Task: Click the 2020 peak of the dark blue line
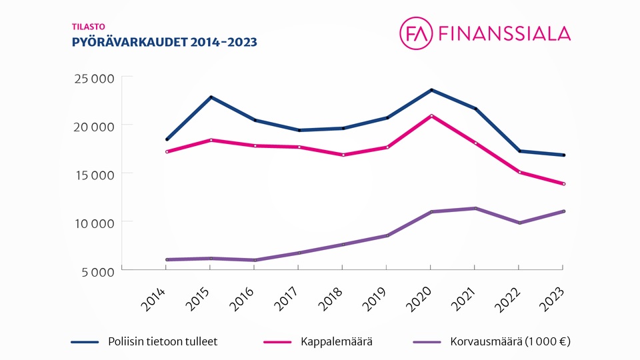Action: pos(431,90)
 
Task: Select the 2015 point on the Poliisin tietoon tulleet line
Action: pos(211,97)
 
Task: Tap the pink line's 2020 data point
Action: pos(431,116)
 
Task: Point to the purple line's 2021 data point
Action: pos(475,209)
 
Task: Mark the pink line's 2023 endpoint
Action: pos(563,184)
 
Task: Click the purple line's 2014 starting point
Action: pos(167,259)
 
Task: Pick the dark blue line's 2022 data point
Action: pos(519,151)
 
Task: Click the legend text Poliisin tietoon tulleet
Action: pos(163,342)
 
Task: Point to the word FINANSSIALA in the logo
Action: pos(504,33)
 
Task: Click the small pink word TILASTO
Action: pos(84,27)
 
